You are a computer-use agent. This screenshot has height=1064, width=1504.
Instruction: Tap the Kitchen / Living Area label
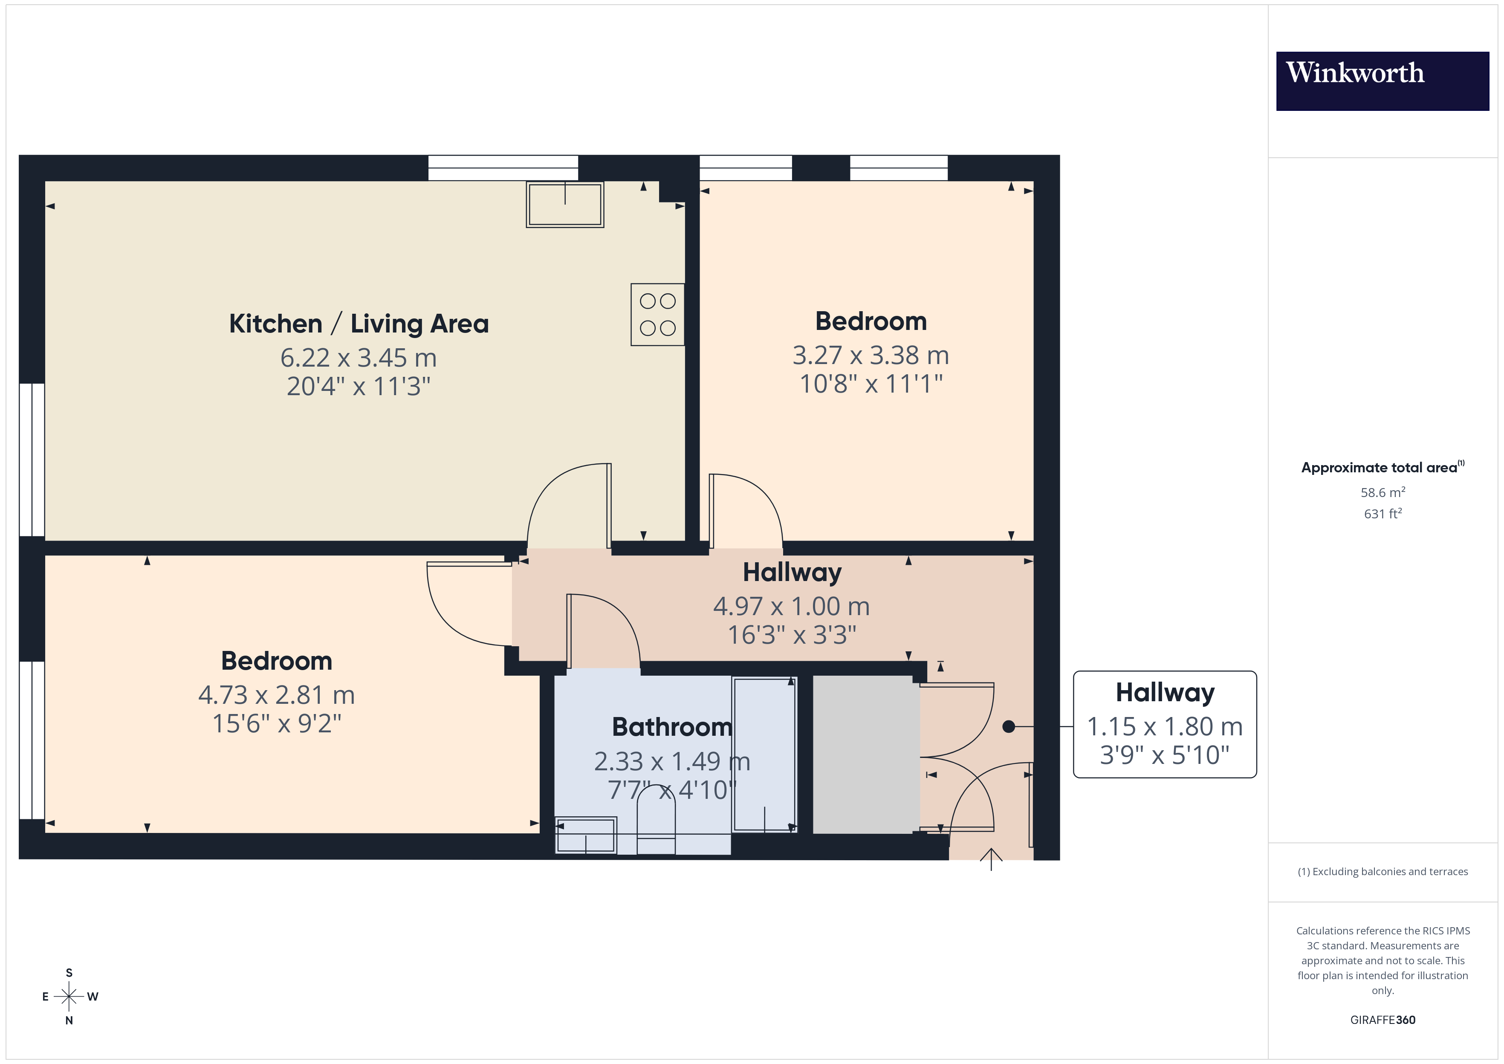point(359,324)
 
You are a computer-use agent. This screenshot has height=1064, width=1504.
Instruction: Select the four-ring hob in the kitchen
point(657,315)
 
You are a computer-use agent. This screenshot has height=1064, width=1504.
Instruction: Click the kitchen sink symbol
point(565,205)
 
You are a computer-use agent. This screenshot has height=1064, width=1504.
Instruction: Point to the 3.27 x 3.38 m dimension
point(871,355)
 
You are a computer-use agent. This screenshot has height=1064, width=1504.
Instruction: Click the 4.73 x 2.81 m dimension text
point(276,694)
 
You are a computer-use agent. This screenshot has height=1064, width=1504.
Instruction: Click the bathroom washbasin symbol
point(586,836)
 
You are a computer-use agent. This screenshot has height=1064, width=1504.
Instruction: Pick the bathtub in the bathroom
point(764,753)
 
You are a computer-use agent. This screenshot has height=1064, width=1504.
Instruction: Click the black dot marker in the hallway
point(1009,726)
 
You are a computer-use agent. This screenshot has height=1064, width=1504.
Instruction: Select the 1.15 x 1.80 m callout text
point(1165,726)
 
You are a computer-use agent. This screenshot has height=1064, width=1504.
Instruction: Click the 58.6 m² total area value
point(1382,492)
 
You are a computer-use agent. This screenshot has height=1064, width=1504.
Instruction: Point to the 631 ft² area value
point(1382,514)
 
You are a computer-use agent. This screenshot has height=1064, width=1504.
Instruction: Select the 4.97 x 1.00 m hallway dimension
point(791,606)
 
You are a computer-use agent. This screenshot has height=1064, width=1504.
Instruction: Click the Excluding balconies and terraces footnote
point(1382,871)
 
